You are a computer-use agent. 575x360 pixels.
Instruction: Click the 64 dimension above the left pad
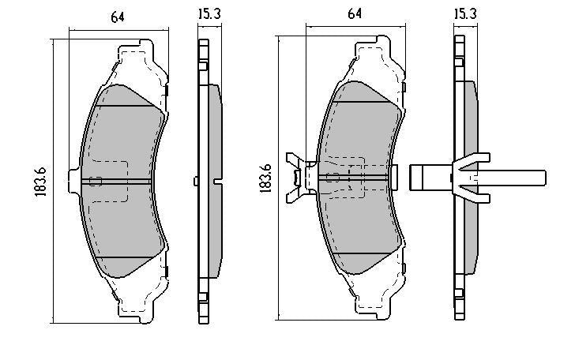118,17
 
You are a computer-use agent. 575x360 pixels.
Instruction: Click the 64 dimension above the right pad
355,13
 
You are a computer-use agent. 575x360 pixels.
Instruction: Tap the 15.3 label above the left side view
209,14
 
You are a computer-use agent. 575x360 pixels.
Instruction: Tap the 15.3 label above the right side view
465,13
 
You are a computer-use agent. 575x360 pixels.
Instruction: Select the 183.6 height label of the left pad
40,182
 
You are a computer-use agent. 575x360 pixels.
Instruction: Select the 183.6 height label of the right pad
265,178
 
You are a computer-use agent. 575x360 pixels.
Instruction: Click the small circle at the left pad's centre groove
96,181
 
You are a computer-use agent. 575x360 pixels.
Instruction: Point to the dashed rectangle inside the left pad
109,181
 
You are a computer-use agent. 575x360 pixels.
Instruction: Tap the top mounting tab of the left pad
135,51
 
